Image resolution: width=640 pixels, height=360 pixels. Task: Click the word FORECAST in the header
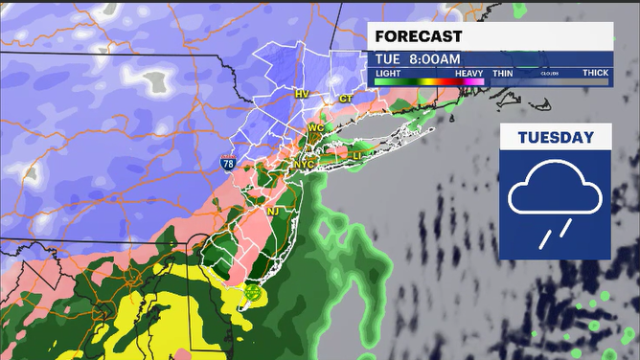[x=419, y=36]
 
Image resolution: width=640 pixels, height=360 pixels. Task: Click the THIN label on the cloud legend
[x=503, y=72]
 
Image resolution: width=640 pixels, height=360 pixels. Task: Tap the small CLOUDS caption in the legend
[x=549, y=73]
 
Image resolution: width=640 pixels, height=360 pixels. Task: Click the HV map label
[x=302, y=94]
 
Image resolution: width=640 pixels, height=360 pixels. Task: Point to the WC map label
[x=316, y=127]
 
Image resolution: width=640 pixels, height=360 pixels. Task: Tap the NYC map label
[x=303, y=165]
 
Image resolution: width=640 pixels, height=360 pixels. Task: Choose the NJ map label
[x=272, y=211]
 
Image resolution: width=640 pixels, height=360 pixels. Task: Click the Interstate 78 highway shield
[x=227, y=164]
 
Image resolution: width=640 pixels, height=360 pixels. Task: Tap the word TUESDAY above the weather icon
[x=556, y=138]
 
